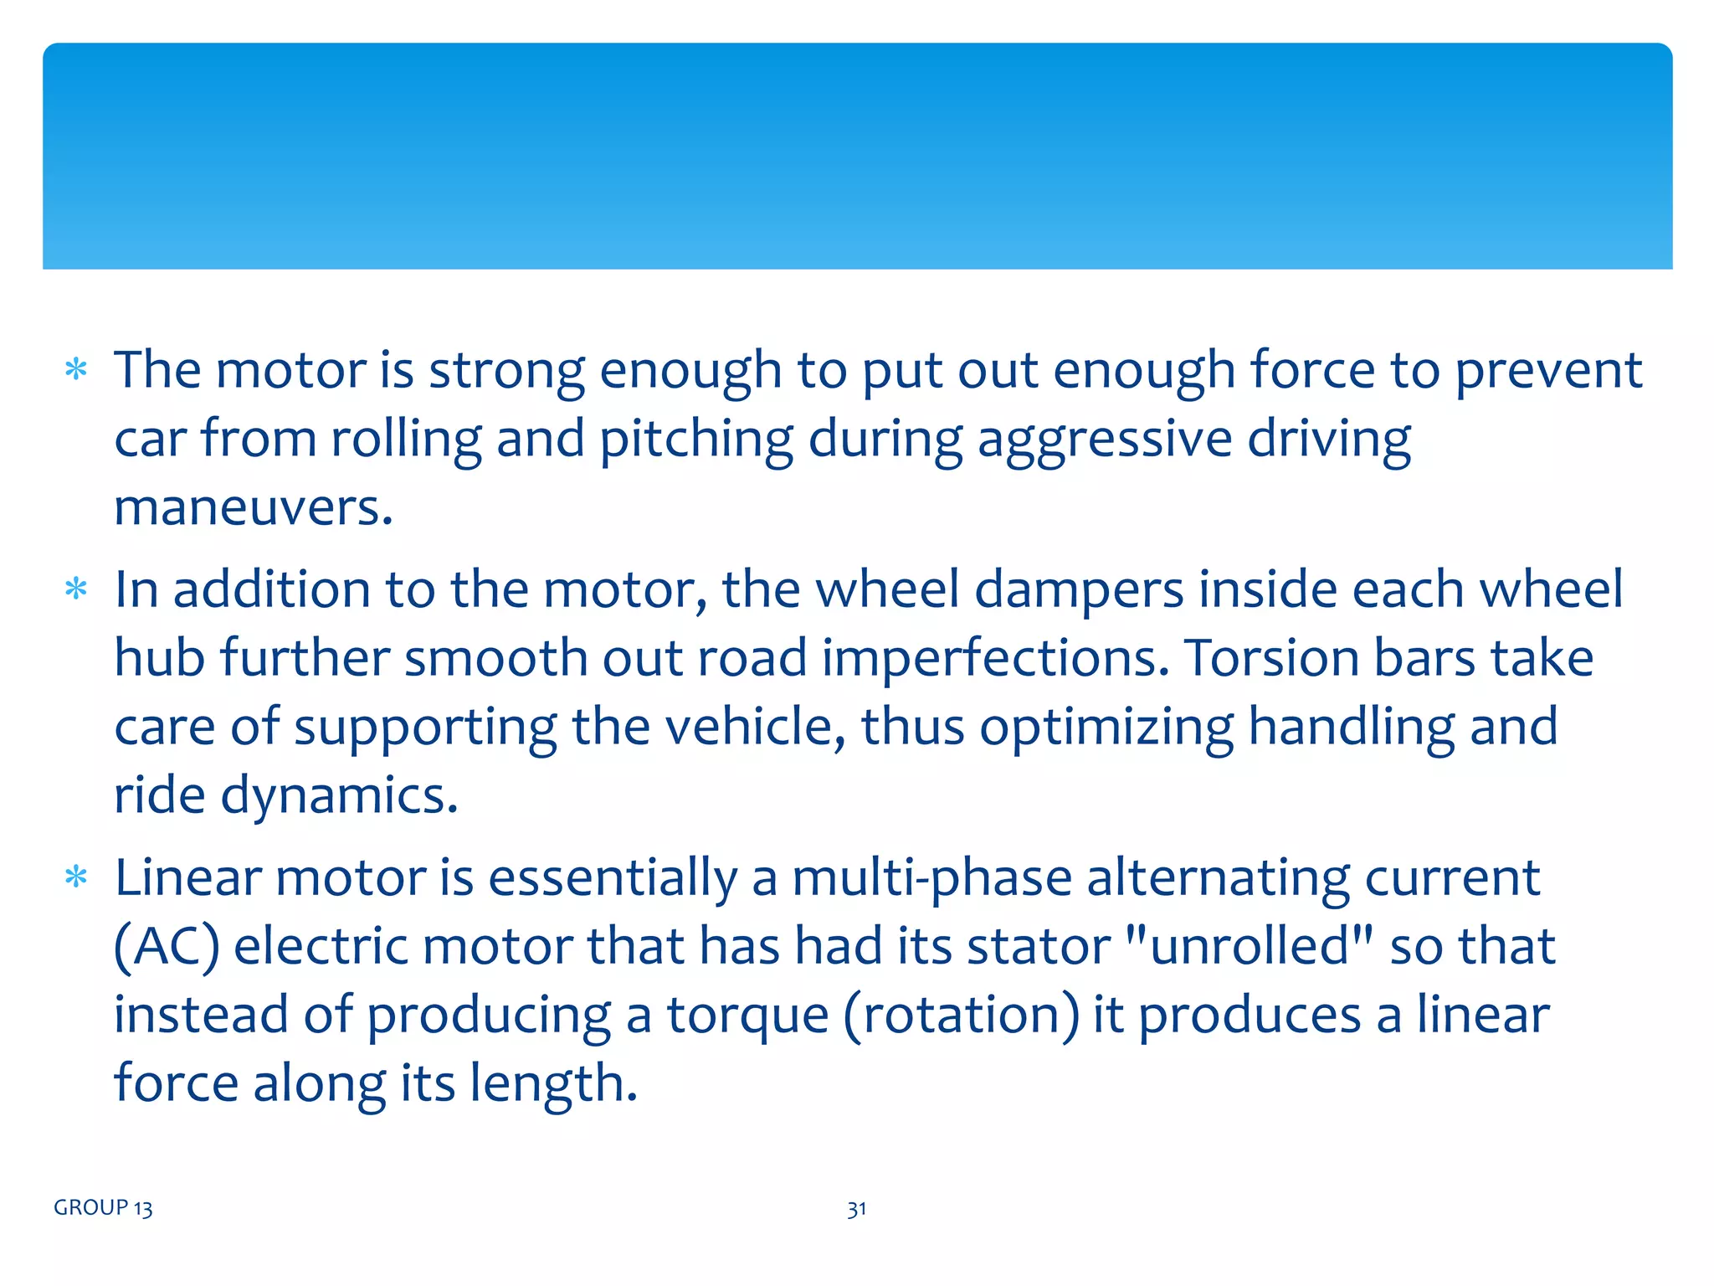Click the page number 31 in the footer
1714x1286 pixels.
(x=856, y=1209)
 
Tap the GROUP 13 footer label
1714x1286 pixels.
(x=103, y=1208)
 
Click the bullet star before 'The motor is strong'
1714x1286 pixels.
(x=76, y=369)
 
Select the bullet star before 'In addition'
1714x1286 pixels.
(x=76, y=589)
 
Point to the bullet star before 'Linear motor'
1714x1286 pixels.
(x=76, y=877)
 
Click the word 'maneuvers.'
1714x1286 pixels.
(x=253, y=508)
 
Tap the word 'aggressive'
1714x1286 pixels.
(x=1105, y=440)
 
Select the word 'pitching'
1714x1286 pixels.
(x=696, y=440)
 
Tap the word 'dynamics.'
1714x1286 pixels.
(x=339, y=795)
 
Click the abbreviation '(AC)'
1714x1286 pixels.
(x=167, y=947)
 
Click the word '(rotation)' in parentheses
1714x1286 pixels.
(x=962, y=1016)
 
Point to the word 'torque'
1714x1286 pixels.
(x=747, y=1016)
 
